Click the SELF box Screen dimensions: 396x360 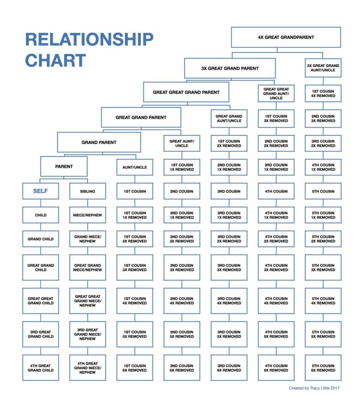[40, 191]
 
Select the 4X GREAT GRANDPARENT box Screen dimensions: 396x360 [285, 37]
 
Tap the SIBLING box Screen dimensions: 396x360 [88, 191]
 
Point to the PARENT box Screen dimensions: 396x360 [64, 166]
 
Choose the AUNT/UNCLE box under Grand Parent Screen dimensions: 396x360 [135, 167]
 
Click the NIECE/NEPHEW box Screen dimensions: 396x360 [88, 215]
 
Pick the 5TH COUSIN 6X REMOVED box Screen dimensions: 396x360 [323, 368]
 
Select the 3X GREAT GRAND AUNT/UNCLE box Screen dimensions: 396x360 [323, 68]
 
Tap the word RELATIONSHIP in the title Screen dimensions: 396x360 [89, 39]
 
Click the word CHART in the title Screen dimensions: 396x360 [55, 60]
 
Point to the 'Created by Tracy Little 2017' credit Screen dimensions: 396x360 [315, 388]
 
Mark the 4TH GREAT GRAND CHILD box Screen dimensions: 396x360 [40, 368]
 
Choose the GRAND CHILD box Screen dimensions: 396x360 [40, 239]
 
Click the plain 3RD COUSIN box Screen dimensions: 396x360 [229, 191]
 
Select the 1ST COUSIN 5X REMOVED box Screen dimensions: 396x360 [135, 334]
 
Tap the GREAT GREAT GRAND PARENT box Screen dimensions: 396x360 [186, 92]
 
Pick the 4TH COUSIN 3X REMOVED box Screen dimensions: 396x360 [276, 268]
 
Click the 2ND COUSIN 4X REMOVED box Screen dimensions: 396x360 [182, 301]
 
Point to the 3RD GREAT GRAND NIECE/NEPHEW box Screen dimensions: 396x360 [88, 334]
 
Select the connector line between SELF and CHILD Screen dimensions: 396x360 [40, 203]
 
